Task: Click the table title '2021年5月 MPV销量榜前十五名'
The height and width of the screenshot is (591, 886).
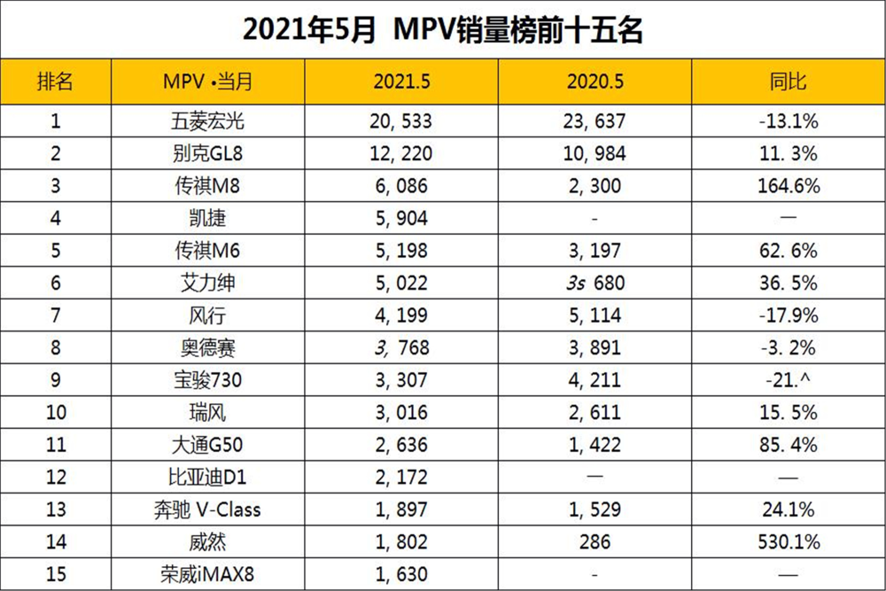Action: tap(442, 30)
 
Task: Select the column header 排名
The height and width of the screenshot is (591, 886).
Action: tap(55, 82)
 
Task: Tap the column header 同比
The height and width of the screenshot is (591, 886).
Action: tap(788, 82)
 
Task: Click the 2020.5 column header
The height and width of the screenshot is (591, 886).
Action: tap(595, 82)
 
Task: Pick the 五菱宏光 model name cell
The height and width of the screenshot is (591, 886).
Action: tap(208, 121)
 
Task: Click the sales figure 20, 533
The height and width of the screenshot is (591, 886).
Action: tap(400, 121)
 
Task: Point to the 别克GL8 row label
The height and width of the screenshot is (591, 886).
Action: tap(208, 154)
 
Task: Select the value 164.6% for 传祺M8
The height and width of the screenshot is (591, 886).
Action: tap(788, 186)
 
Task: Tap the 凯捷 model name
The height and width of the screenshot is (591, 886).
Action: tap(208, 219)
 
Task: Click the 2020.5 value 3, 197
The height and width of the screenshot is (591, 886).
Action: tap(595, 251)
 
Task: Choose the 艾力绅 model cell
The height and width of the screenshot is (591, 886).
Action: tap(208, 284)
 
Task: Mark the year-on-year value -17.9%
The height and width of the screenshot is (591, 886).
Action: tap(788, 315)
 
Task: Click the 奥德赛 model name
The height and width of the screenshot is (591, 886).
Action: tap(208, 347)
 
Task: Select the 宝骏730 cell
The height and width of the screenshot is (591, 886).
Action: tap(208, 380)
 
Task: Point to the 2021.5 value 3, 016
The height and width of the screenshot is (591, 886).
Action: tap(400, 412)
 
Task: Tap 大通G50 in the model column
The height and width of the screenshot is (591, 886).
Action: tap(208, 445)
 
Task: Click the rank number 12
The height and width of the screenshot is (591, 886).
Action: tap(55, 478)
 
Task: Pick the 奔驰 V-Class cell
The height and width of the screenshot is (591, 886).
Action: tap(208, 509)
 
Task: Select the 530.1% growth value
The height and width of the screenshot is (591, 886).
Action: tap(788, 541)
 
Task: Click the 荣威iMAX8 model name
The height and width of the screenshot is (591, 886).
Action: tap(208, 574)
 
